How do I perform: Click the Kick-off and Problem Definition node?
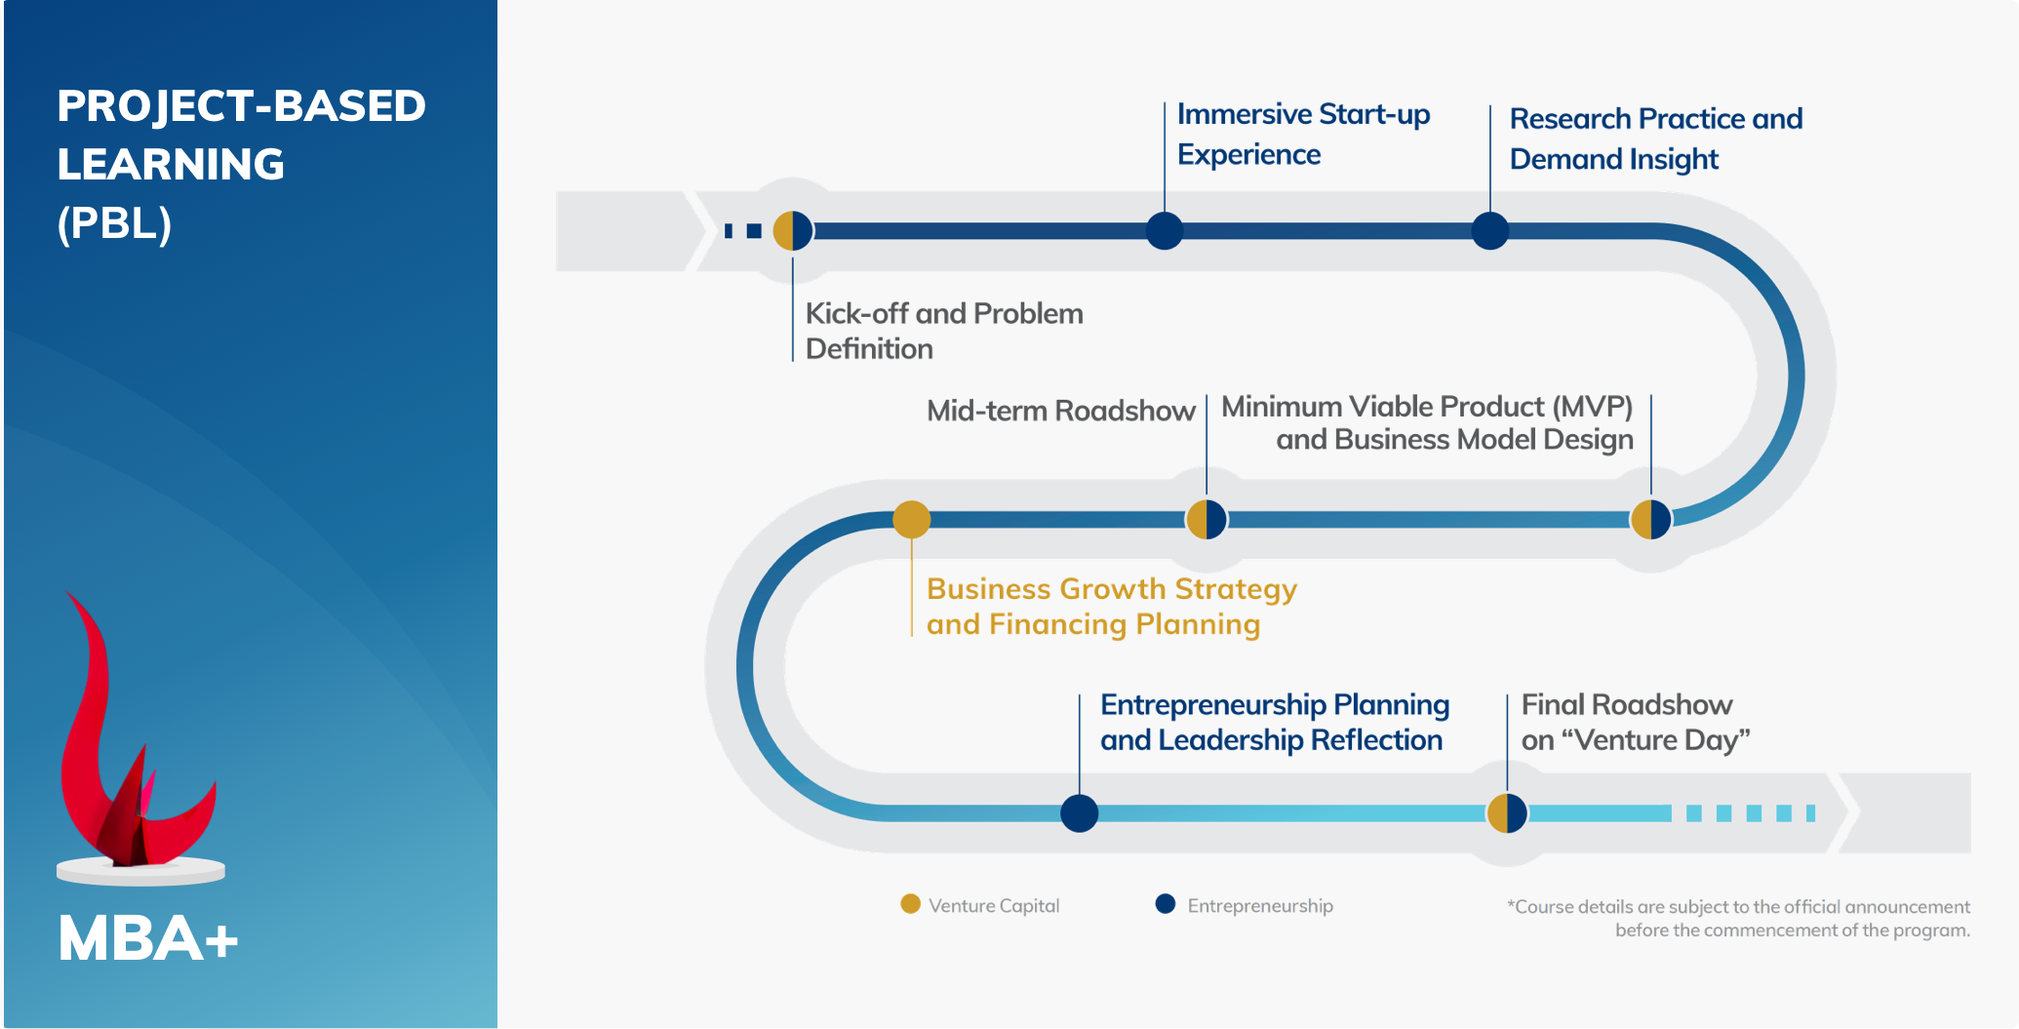[x=793, y=231]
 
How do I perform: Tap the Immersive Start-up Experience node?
[x=1165, y=231]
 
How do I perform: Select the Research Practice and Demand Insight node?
[x=1489, y=231]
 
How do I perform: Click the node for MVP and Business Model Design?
[x=1651, y=519]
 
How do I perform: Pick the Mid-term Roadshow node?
[x=1207, y=519]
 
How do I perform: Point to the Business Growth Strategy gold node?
[x=912, y=519]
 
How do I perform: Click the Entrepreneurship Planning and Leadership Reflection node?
[x=1080, y=813]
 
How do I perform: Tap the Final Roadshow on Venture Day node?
[x=1507, y=813]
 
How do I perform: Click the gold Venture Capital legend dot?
[x=910, y=904]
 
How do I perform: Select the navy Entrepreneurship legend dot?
[x=1166, y=904]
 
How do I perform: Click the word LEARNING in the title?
[x=171, y=164]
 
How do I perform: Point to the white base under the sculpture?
[x=140, y=872]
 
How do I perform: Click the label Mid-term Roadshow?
[x=1060, y=411]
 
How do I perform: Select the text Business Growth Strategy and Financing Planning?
[x=1111, y=607]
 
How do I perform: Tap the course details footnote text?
[x=1738, y=918]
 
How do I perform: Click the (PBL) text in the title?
[x=114, y=223]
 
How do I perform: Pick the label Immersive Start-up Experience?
[x=1302, y=134]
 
